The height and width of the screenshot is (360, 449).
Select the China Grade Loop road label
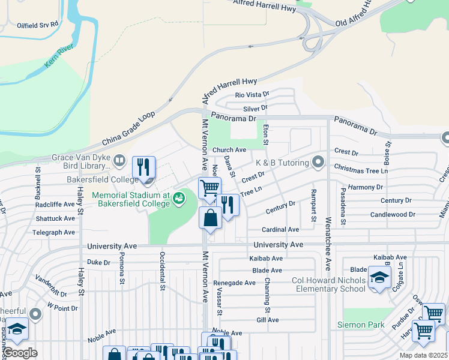point(128,128)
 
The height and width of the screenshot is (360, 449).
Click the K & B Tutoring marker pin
point(318,163)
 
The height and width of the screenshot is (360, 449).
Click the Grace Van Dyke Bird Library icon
point(119,160)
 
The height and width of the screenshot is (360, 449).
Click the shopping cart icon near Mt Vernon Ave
point(209,187)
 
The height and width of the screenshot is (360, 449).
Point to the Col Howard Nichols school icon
point(379,277)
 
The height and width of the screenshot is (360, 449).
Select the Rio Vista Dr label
point(252,95)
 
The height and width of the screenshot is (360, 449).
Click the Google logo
point(20,352)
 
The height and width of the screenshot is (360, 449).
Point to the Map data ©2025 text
point(423,355)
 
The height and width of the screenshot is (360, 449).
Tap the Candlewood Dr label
point(393,214)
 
